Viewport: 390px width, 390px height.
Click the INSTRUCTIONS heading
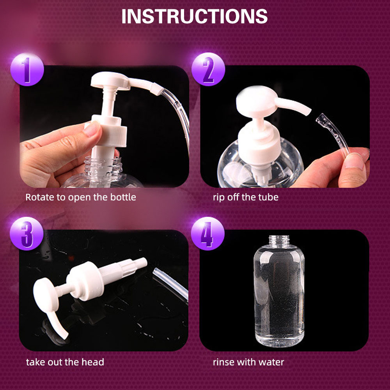coord(194,16)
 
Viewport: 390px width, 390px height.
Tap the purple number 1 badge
coord(27,70)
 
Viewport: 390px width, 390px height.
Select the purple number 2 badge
coord(208,69)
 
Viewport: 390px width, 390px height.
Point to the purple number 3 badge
coord(27,234)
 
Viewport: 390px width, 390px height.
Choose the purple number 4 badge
coord(208,234)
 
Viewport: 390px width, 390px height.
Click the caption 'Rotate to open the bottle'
coord(81,197)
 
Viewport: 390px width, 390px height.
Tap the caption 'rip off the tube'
coord(245,197)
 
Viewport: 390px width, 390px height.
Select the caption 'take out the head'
coord(65,362)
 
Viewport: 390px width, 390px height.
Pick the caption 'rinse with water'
coord(248,362)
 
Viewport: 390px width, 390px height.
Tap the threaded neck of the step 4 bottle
coord(279,241)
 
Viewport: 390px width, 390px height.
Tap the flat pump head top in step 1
coord(110,80)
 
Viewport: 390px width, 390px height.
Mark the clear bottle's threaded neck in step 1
coord(103,165)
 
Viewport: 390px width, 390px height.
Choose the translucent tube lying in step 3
coord(171,283)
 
